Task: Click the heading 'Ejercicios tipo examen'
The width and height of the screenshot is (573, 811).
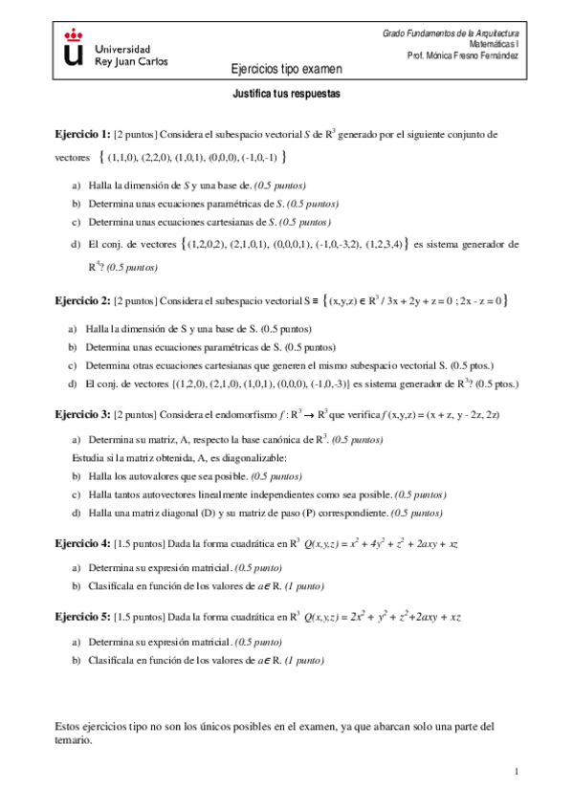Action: coord(286,69)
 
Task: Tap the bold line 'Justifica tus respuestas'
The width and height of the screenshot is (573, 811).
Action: coord(287,96)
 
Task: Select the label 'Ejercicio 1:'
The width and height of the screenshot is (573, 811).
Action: coord(82,135)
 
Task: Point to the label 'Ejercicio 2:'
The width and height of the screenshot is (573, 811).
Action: coord(82,301)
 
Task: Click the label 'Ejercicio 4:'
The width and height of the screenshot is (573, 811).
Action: coord(82,543)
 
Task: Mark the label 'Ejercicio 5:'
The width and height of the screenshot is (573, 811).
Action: coord(82,617)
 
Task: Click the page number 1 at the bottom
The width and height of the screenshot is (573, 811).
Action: coord(516,772)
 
